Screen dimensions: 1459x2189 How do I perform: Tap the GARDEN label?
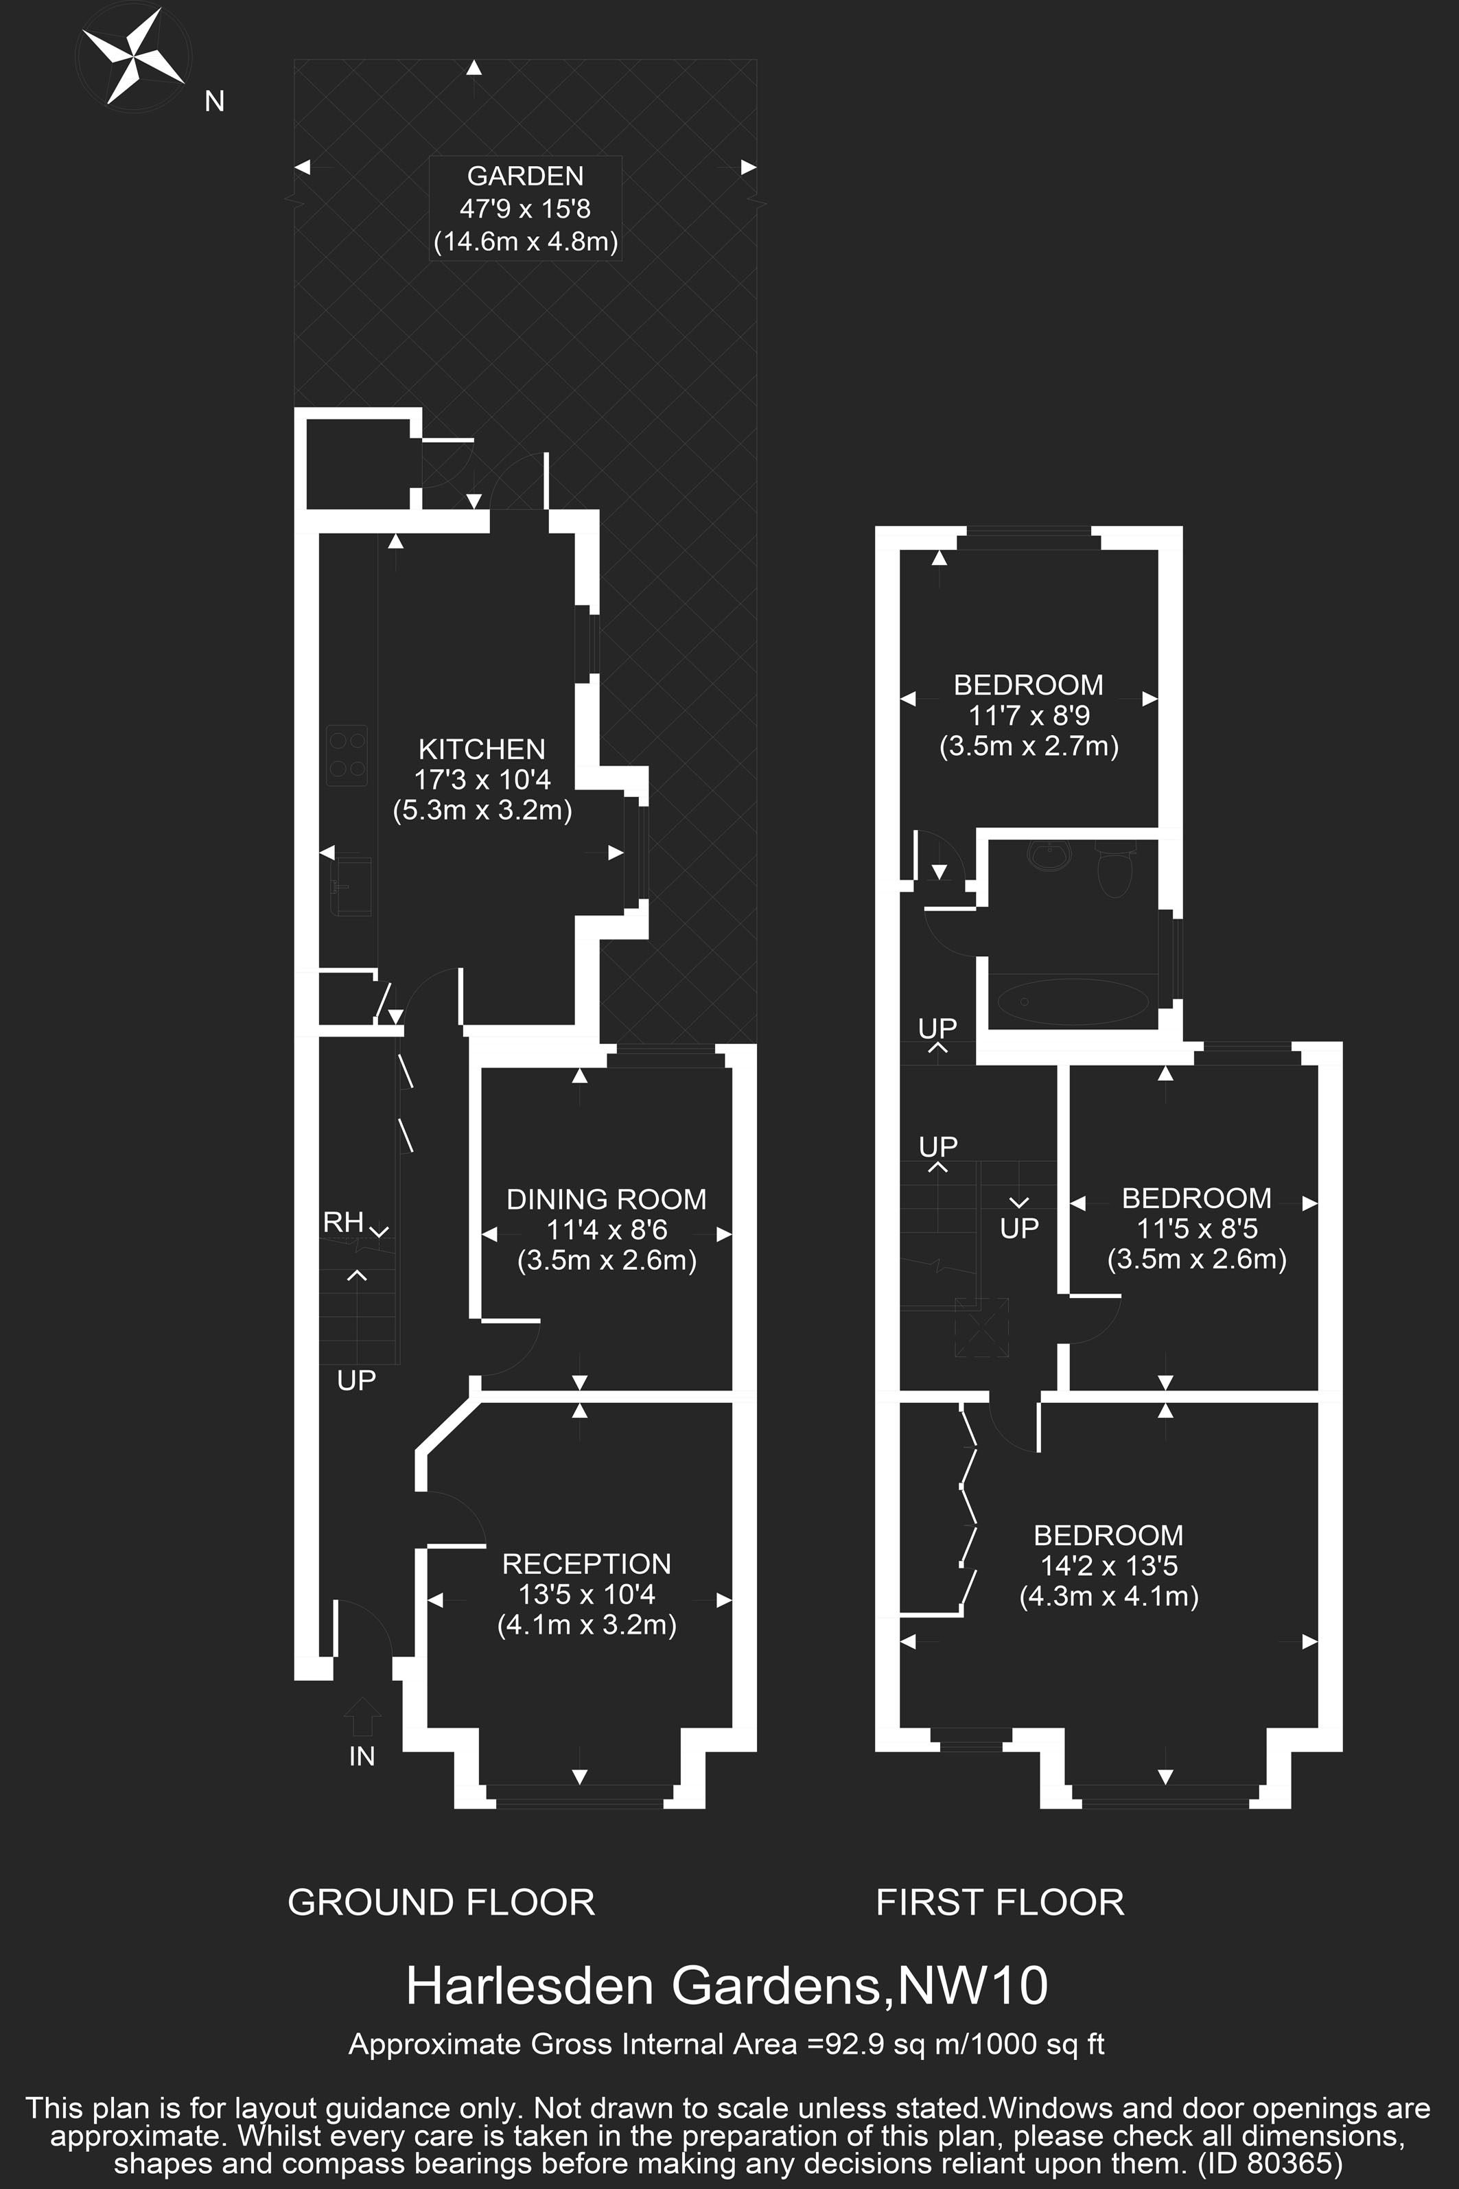[525, 176]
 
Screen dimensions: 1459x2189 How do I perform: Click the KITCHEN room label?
[481, 749]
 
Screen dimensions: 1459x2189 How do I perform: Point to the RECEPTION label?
[586, 1564]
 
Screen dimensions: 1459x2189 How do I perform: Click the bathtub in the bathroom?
[1073, 1001]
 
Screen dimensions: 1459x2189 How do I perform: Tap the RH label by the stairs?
[342, 1222]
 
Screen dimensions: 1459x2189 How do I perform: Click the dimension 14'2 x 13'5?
[1108, 1566]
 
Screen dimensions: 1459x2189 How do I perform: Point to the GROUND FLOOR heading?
[441, 1902]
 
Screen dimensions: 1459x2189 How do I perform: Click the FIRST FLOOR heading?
[1001, 1902]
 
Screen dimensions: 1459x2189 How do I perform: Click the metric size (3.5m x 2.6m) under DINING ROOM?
[607, 1260]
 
